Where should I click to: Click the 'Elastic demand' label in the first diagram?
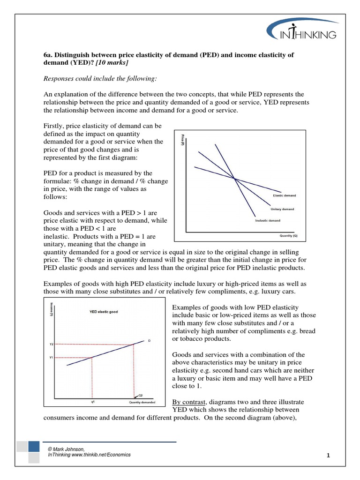click(x=284, y=195)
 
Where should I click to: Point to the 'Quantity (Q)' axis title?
click(x=288, y=235)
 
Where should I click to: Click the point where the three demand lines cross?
click(x=234, y=177)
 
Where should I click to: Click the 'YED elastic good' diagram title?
click(x=104, y=311)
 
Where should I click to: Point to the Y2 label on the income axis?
click(x=52, y=344)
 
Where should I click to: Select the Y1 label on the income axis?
click(x=52, y=358)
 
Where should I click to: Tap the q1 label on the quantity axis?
click(x=92, y=402)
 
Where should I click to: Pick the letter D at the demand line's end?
click(x=149, y=340)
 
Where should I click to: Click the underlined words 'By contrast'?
click(x=188, y=402)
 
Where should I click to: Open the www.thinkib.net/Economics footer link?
click(x=103, y=455)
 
